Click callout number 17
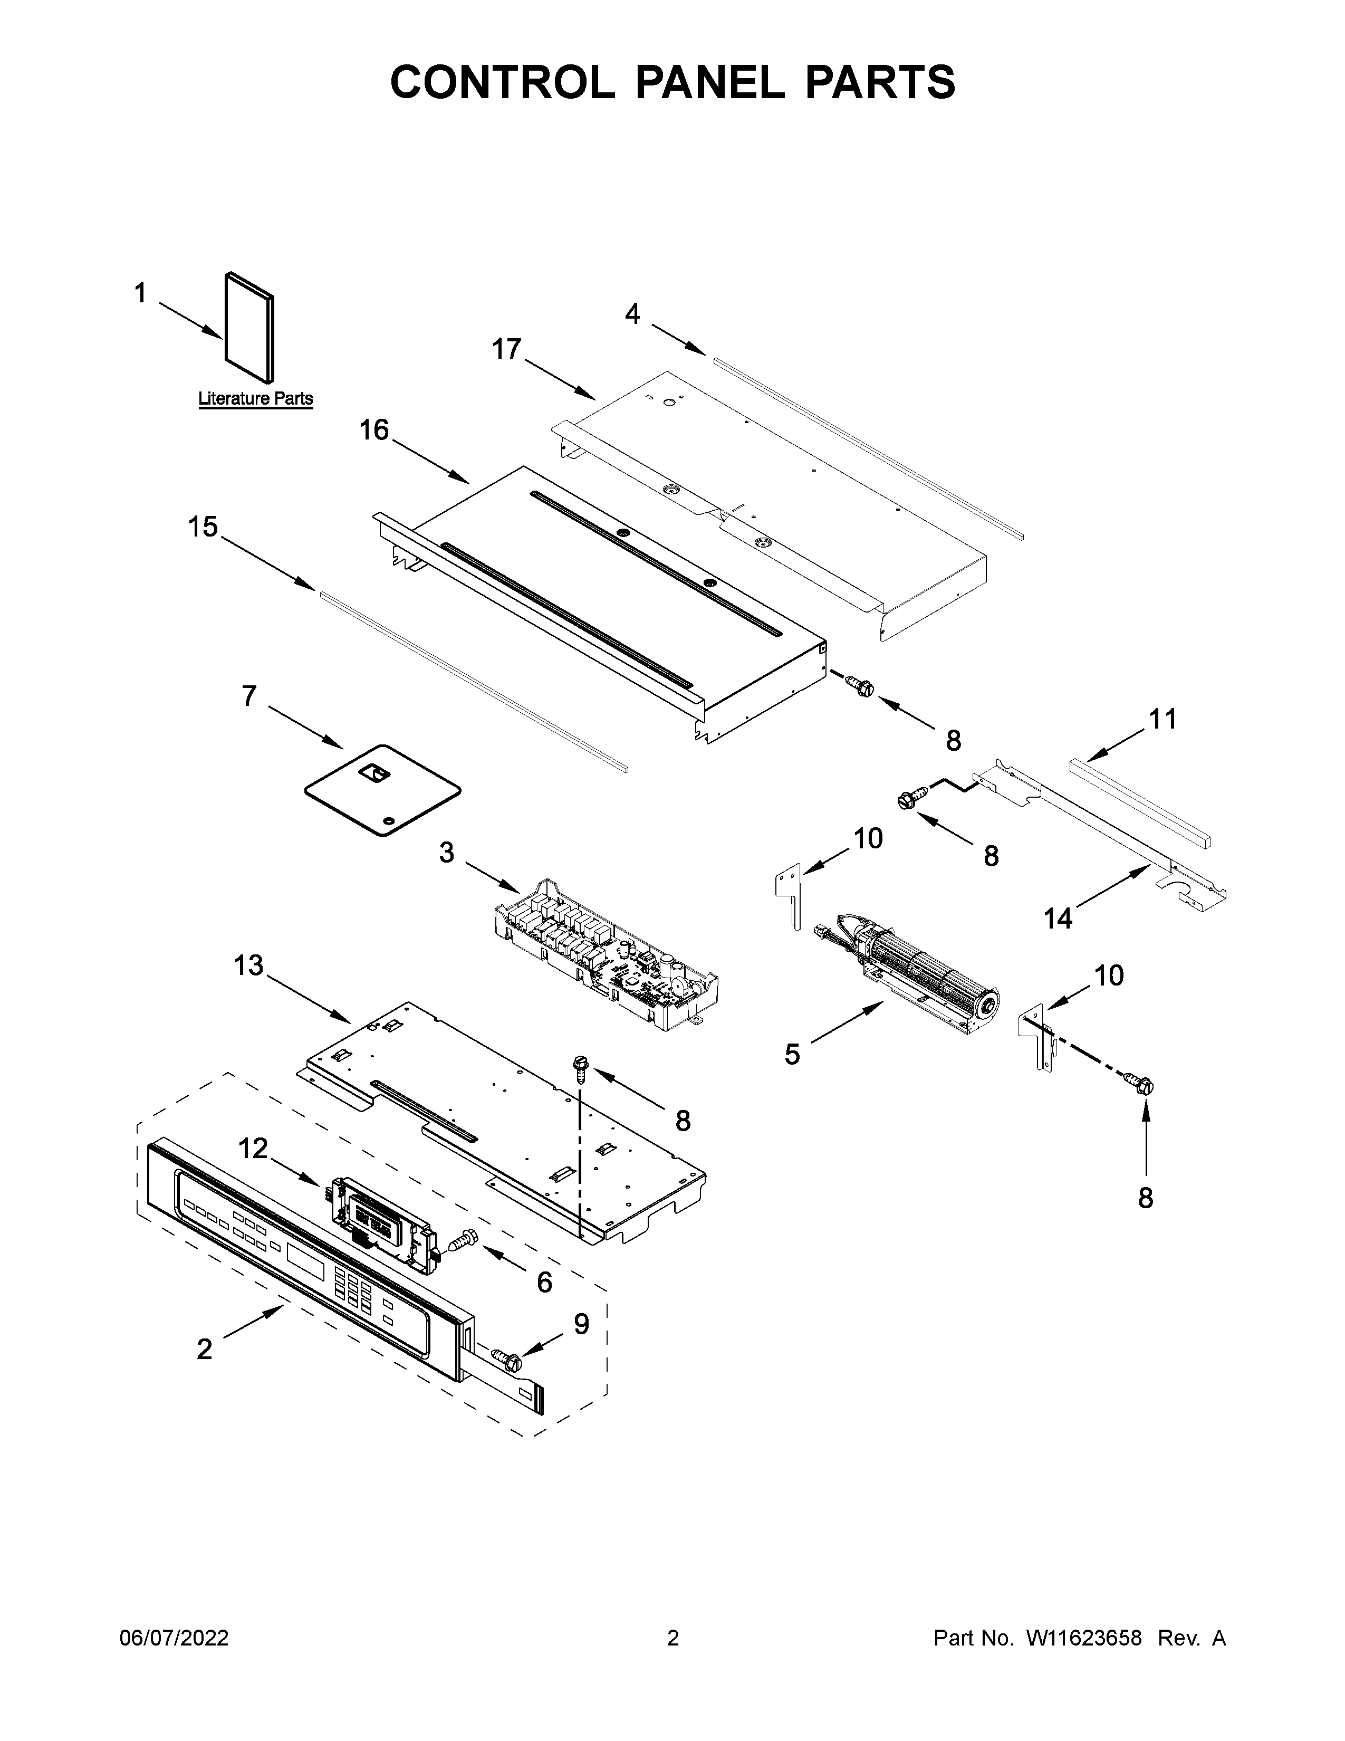pyautogui.click(x=507, y=349)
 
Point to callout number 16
pyautogui.click(x=374, y=431)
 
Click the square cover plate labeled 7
pyautogui.click(x=382, y=790)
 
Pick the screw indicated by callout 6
pyautogui.click(x=463, y=1240)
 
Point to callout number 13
pyautogui.click(x=248, y=965)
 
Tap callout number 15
pyautogui.click(x=203, y=527)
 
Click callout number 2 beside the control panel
pyautogui.click(x=205, y=1349)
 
